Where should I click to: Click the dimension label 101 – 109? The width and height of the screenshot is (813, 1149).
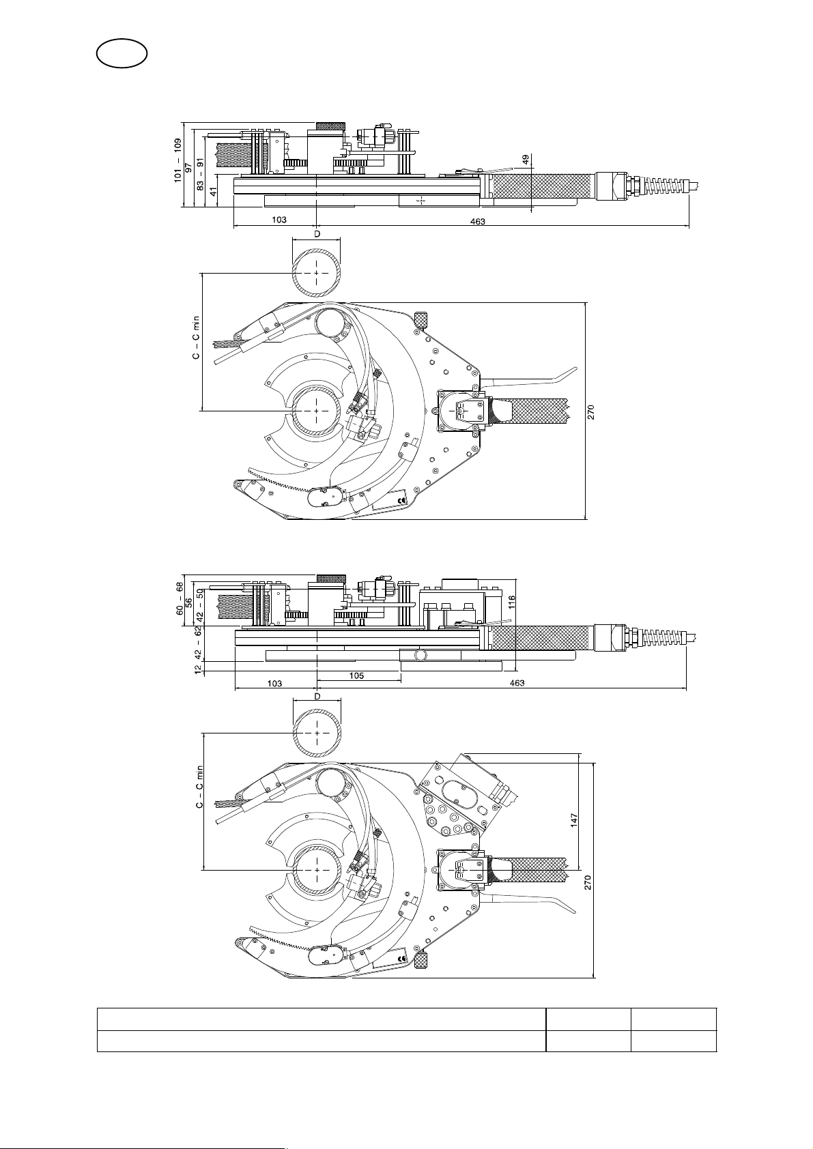pos(177,160)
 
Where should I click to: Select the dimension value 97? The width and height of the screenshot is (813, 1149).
pos(188,168)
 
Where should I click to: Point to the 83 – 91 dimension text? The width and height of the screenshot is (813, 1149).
pos(200,173)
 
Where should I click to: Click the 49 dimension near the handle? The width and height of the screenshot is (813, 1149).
pos(526,160)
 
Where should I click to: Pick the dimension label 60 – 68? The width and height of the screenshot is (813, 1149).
pos(180,598)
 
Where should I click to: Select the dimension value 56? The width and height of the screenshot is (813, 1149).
pos(189,602)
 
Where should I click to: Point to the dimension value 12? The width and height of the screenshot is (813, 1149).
pos(198,669)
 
